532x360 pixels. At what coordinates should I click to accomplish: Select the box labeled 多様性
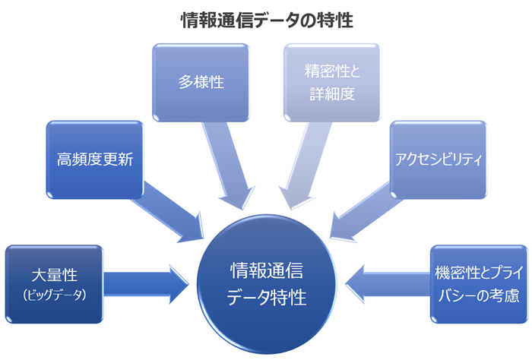[x=201, y=82]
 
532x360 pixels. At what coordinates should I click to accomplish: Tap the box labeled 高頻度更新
[x=95, y=159]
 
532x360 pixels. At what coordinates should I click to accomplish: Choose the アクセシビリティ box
[x=438, y=159]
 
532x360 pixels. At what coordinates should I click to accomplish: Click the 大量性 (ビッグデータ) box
[x=53, y=283]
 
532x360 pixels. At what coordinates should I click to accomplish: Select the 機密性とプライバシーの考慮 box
[x=479, y=283]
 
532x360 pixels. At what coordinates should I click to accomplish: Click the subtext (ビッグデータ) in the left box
[x=53, y=293]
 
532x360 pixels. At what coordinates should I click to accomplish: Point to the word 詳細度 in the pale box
[x=332, y=94]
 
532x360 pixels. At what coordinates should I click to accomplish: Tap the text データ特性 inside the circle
[x=267, y=297]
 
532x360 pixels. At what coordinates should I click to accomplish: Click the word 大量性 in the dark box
[x=53, y=274]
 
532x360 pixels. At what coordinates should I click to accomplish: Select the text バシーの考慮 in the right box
[x=479, y=294]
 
